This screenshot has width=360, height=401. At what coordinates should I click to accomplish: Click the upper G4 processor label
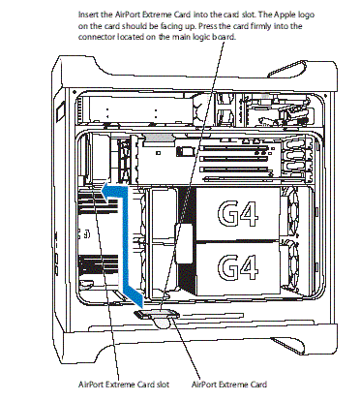pyautogui.click(x=238, y=214)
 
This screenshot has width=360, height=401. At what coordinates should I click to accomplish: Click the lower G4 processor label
pyautogui.click(x=238, y=266)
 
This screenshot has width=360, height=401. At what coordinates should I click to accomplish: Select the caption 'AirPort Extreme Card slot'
pyautogui.click(x=124, y=385)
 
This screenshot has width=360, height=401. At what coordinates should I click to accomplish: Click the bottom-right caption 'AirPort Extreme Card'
pyautogui.click(x=229, y=385)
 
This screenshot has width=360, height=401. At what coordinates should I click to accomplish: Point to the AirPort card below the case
pyautogui.click(x=157, y=318)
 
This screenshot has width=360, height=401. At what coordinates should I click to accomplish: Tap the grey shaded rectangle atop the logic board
pyautogui.click(x=159, y=138)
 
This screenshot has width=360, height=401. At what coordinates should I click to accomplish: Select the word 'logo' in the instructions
pyautogui.click(x=307, y=15)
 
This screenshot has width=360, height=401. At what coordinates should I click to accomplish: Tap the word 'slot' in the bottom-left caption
pyautogui.click(x=163, y=385)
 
